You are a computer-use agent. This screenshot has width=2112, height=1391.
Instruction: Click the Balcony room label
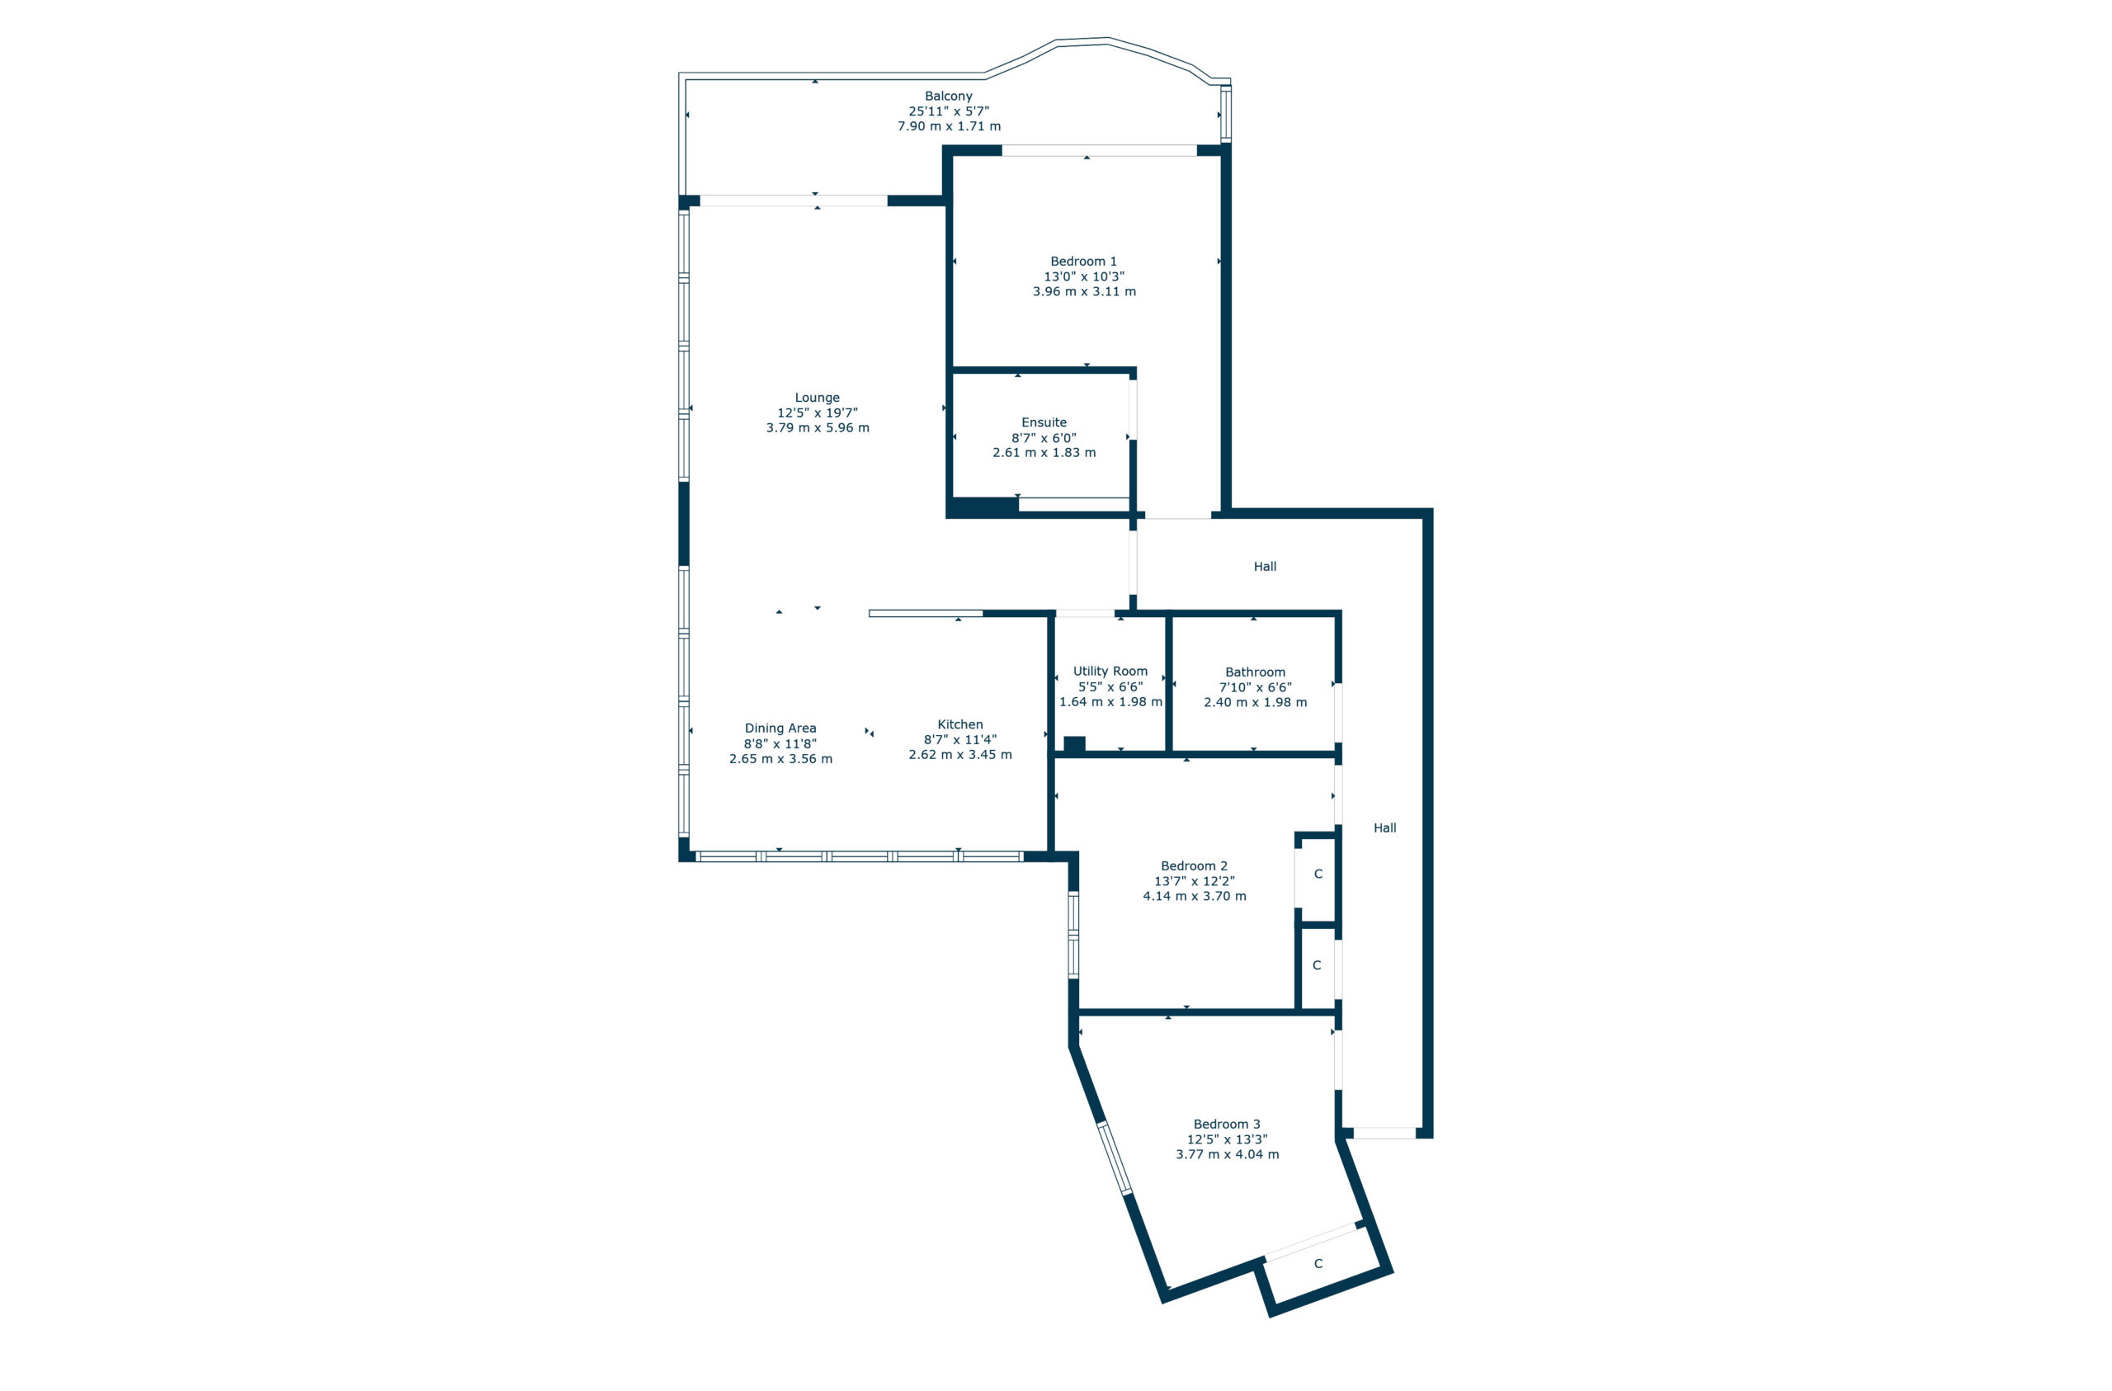click(948, 96)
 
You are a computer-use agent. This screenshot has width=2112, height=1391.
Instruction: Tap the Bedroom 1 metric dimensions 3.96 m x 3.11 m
click(1083, 291)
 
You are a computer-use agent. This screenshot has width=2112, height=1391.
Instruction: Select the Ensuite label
click(1044, 422)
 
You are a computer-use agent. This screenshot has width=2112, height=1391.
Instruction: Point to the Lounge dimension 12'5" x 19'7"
click(817, 413)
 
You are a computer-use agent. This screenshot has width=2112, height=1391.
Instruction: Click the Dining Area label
click(780, 728)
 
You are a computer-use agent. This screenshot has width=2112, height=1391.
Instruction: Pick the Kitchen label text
click(959, 724)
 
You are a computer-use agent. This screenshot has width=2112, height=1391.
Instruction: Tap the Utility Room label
click(1110, 671)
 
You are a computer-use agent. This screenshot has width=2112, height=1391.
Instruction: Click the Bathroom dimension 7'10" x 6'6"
click(1255, 687)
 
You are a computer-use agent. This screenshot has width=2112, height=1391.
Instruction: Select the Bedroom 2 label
click(1194, 865)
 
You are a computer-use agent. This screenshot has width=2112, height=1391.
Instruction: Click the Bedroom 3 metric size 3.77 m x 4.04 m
click(1227, 1154)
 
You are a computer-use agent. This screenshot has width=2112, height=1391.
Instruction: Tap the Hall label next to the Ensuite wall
click(1265, 566)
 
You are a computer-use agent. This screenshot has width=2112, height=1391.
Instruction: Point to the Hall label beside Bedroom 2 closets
click(1384, 828)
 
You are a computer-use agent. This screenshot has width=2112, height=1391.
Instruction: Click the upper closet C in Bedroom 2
click(1318, 874)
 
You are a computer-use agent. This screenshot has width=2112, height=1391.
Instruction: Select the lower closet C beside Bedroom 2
click(1316, 965)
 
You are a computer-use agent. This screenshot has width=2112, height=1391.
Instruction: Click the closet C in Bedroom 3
click(1318, 1263)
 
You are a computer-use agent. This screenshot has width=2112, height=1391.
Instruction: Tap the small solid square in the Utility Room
click(1074, 745)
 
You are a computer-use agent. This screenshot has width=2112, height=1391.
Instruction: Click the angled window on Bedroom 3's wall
click(1115, 1158)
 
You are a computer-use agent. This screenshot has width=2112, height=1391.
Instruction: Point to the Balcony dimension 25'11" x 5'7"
click(948, 111)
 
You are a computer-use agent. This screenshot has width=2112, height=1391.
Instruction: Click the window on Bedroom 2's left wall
click(1072, 935)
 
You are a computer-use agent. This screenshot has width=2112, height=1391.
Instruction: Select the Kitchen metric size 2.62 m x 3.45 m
click(959, 755)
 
